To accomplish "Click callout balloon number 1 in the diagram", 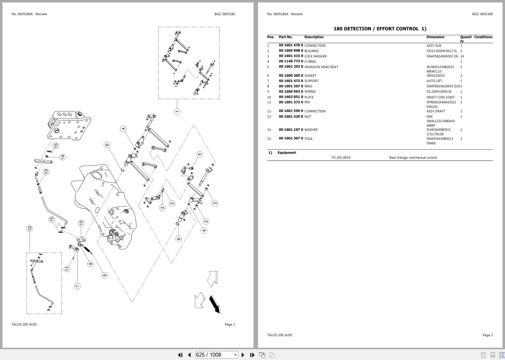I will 177,112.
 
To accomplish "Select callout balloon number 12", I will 30,228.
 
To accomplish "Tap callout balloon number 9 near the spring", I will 105,275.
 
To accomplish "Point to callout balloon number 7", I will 77,286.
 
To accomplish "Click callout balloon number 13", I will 46,172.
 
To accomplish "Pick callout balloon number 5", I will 199,155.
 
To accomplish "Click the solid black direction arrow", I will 215,304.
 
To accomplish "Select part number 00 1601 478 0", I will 290,46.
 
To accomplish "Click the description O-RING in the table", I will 310,62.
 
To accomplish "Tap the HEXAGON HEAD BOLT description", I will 321,67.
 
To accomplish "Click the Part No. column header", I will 286,37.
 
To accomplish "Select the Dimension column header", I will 435,37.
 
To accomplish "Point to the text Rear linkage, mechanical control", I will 413,157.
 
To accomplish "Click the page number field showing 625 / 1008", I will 214,355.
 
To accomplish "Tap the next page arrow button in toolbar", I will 243,355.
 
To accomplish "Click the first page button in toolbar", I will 180,355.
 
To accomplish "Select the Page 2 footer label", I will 487,335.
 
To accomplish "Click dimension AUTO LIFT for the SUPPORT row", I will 434,81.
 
